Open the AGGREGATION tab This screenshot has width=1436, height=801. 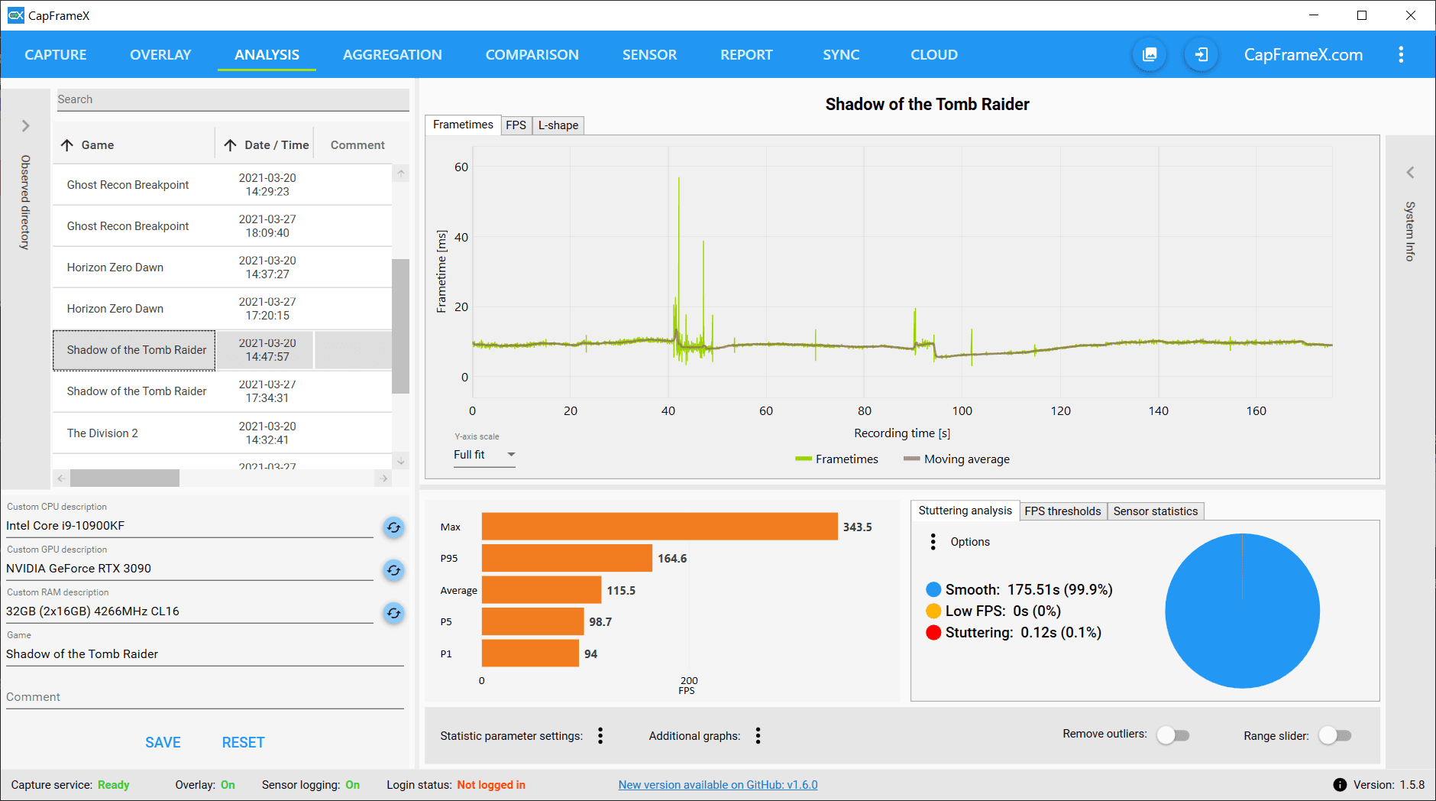tap(392, 55)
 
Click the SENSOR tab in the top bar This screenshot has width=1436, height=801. tap(649, 55)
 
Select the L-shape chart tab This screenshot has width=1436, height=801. tap(558, 125)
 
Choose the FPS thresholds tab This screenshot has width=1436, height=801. tap(1062, 511)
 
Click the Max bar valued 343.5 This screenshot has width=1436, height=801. tap(660, 527)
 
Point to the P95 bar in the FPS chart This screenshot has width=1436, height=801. tap(567, 559)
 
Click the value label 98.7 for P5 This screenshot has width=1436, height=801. tap(600, 622)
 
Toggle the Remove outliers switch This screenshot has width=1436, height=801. tap(1172, 735)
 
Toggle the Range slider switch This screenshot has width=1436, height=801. tap(1334, 735)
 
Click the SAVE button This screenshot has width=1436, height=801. tap(163, 743)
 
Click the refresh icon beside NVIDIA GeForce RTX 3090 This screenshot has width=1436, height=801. tap(393, 570)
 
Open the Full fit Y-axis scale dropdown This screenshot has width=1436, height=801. tap(484, 455)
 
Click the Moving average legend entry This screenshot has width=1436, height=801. tap(957, 459)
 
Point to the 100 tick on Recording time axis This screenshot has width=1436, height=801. tap(962, 411)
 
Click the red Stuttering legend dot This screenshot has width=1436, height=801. tap(933, 633)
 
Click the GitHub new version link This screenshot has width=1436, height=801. tap(718, 785)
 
